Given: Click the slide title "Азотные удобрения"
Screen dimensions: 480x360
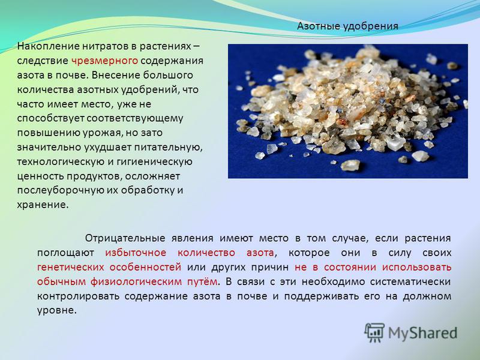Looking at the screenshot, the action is [347, 26].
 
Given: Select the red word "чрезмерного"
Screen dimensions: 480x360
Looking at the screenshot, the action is [104, 61].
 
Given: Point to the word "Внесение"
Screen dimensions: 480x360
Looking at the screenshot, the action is [116, 75].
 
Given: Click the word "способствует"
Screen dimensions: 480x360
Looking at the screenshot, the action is [50, 118].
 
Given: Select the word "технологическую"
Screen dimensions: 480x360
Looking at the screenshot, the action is [60, 161].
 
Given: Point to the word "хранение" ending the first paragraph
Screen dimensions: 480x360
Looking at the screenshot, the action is [43, 205].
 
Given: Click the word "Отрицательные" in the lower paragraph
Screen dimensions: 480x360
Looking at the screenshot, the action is [125, 238].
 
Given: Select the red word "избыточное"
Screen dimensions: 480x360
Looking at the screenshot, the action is [136, 253].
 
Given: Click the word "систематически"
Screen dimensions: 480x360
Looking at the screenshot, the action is [410, 281].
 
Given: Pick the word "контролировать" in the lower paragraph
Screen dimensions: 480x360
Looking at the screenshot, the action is [78, 296].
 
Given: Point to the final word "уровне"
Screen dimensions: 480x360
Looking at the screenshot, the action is [56, 311].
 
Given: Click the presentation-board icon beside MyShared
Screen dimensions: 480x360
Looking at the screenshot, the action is [374, 333].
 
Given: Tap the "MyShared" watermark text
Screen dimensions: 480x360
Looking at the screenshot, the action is [422, 333].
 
